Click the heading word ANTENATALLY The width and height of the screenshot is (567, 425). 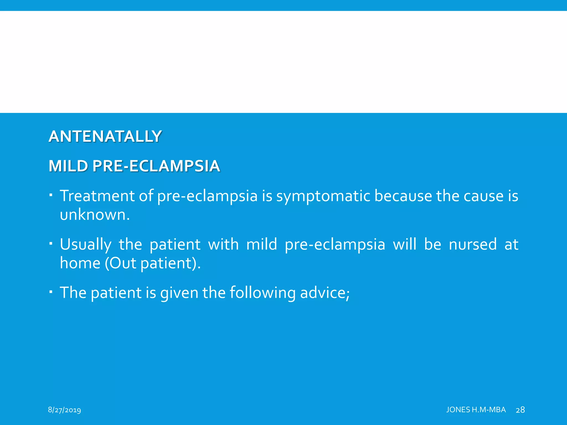click(x=105, y=136)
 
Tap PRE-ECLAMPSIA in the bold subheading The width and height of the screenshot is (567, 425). click(x=156, y=166)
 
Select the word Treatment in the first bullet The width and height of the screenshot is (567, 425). click(x=97, y=196)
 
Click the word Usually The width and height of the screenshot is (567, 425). click(x=85, y=245)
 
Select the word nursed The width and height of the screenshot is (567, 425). click(x=473, y=244)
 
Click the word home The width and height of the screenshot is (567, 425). click(x=80, y=263)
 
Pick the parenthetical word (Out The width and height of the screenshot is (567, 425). click(x=120, y=263)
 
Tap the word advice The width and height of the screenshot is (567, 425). click(x=324, y=293)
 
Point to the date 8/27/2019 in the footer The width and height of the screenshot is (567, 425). click(x=64, y=410)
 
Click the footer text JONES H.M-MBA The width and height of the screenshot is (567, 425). click(x=476, y=410)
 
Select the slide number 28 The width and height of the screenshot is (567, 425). click(x=520, y=410)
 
